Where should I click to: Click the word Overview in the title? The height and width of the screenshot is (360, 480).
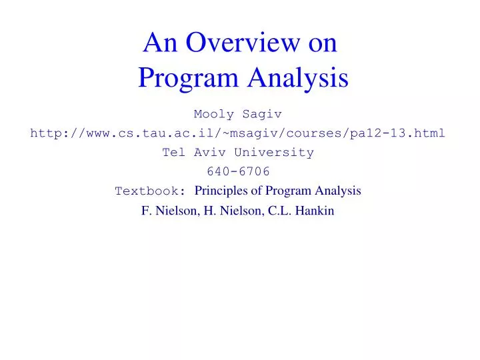point(245,43)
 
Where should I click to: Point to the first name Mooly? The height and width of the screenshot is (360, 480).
point(213,114)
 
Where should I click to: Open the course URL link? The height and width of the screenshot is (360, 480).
point(238,133)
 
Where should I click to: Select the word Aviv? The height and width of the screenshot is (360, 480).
point(209,153)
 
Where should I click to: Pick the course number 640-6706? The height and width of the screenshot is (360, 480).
point(238,172)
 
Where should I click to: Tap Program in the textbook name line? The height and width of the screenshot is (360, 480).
point(289,191)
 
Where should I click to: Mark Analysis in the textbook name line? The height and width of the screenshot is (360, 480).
point(338,191)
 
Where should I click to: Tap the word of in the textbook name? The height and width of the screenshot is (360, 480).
point(257,191)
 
